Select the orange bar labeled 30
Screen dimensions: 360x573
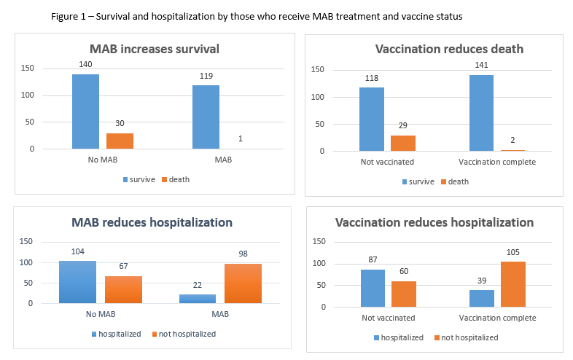pyautogui.click(x=120, y=141)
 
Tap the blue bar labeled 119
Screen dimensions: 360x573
pyautogui.click(x=206, y=117)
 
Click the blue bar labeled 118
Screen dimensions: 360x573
pyautogui.click(x=372, y=120)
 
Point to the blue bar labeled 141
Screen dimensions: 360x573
pyautogui.click(x=481, y=113)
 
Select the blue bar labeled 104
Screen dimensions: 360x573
pyautogui.click(x=77, y=281)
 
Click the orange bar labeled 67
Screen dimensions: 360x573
pyautogui.click(x=123, y=289)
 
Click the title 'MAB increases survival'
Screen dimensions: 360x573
pyautogui.click(x=155, y=50)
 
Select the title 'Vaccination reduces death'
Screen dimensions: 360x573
pyautogui.click(x=440, y=50)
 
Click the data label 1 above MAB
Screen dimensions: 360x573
pyautogui.click(x=240, y=139)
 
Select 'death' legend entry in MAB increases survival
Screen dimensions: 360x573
pyautogui.click(x=174, y=179)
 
